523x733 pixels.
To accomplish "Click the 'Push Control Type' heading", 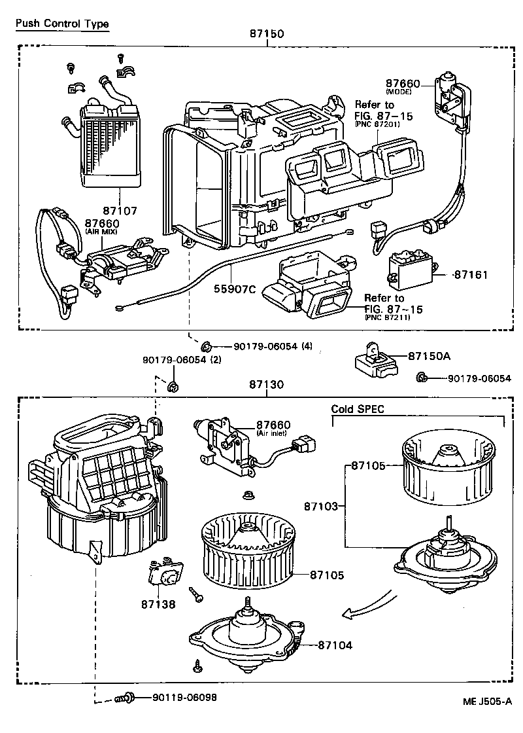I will click(62, 24).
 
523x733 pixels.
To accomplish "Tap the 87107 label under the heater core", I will click(119, 211).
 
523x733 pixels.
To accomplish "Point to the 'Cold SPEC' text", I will click(358, 409).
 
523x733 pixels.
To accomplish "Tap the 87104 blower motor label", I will click(335, 645).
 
